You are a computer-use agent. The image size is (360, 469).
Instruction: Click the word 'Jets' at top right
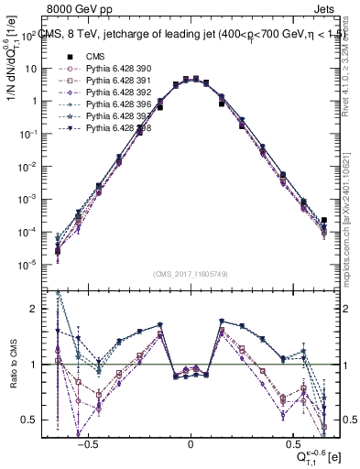tap(326, 11)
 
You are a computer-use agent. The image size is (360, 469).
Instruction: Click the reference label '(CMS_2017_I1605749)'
tap(190, 274)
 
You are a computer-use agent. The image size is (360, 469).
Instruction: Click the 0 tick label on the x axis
tap(190, 442)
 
